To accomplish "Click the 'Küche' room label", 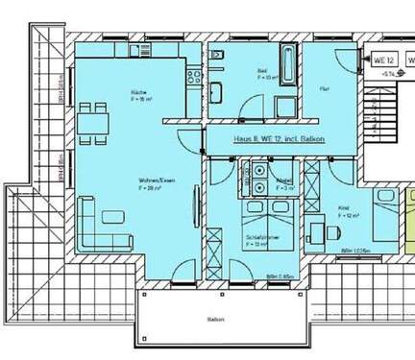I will pos(138,92).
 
